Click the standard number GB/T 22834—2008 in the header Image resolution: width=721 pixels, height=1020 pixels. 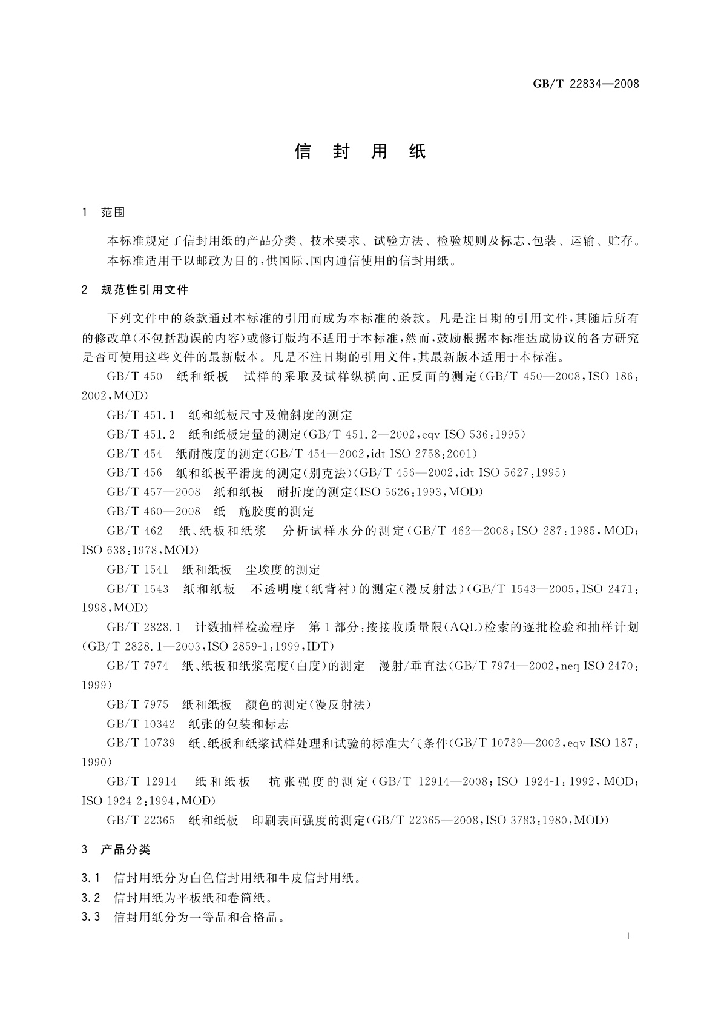[585, 84]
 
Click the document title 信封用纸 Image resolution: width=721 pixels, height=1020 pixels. [360, 151]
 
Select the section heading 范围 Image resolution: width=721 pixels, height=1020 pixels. [113, 213]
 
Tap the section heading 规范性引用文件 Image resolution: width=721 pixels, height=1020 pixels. [145, 290]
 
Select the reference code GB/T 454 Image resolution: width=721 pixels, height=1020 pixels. [134, 454]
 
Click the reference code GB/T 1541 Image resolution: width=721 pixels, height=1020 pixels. [137, 569]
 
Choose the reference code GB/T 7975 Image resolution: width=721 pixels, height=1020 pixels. [137, 704]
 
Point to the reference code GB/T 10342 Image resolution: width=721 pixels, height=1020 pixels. [140, 724]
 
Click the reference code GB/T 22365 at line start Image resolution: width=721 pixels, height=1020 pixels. [140, 820]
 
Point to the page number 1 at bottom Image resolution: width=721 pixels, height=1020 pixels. [628, 936]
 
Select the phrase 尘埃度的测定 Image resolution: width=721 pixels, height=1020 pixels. [283, 569]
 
